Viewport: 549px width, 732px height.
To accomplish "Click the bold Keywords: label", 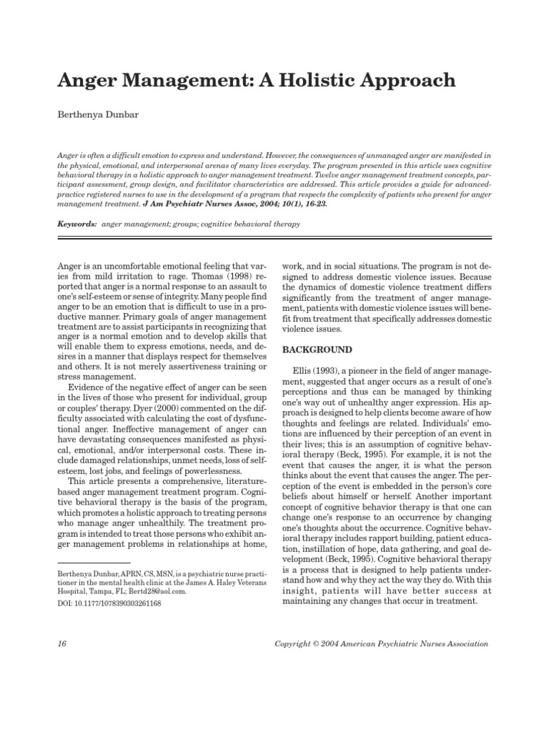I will tap(76, 224).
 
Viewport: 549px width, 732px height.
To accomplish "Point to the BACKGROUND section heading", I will tap(317, 350).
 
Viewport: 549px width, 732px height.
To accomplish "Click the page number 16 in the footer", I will tap(61, 643).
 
